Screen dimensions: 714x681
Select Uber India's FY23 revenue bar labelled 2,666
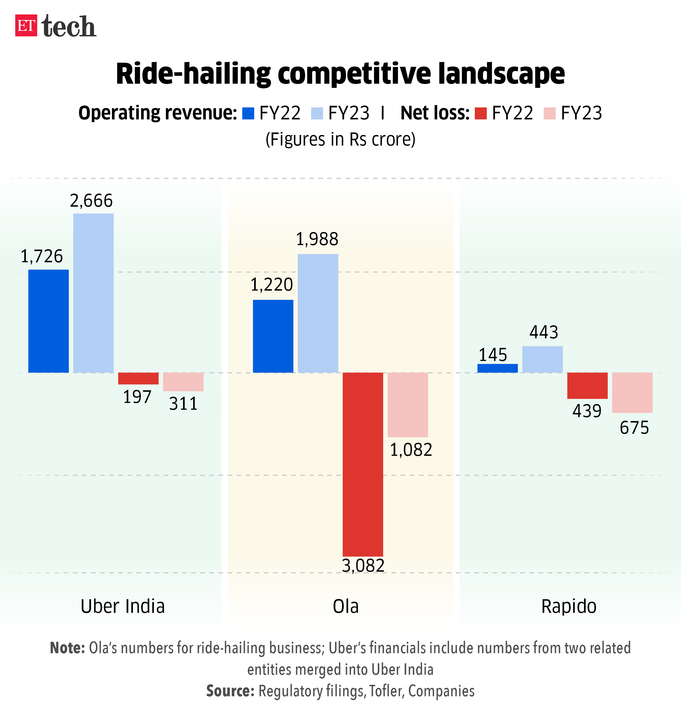pos(93,293)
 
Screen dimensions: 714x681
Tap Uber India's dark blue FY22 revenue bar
pos(48,321)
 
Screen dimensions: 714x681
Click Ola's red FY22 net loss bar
pos(363,464)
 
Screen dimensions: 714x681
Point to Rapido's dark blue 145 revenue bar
pos(497,368)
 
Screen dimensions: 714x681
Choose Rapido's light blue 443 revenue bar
pos(542,359)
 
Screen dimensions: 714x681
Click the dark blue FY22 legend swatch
pos(248,113)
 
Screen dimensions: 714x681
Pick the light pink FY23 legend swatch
pos(550,113)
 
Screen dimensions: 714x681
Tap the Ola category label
pos(346,606)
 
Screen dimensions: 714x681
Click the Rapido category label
pos(568,606)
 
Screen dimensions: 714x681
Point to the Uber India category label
pos(123,606)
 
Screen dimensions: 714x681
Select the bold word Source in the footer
pos(230,691)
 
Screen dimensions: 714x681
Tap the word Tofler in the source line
pos(386,691)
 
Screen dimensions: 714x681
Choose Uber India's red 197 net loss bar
pos(138,378)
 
